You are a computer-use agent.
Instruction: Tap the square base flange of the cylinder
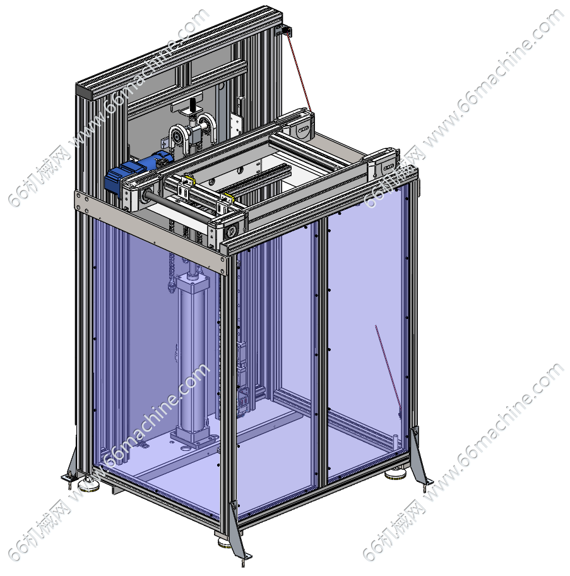pos(192,437)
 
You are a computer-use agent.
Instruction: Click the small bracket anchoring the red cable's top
pos(284,31)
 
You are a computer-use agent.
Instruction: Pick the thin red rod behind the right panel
pos(388,369)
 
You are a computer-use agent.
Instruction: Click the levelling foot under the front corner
pos(224,542)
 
